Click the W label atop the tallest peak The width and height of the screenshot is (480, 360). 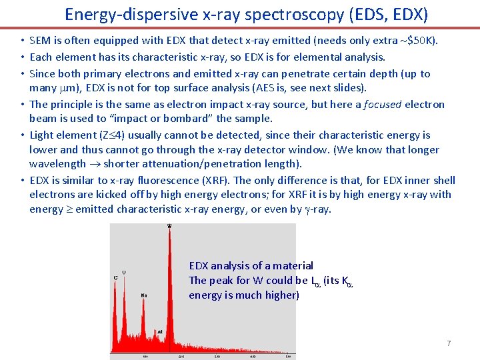pos(169,226)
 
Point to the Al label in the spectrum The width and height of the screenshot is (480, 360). pos(161,331)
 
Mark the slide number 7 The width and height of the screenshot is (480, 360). pos(449,343)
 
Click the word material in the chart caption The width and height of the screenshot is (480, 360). pos(293,265)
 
